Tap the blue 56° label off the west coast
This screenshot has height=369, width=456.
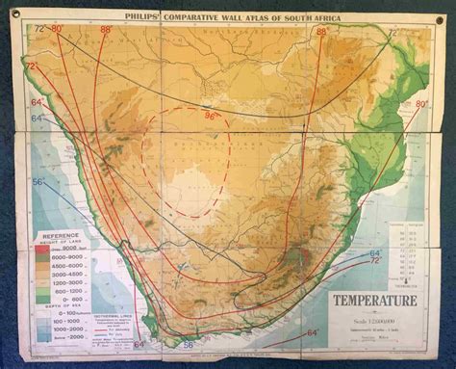click(39, 181)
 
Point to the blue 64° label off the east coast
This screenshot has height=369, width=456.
click(373, 251)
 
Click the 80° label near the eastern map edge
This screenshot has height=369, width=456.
click(420, 103)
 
